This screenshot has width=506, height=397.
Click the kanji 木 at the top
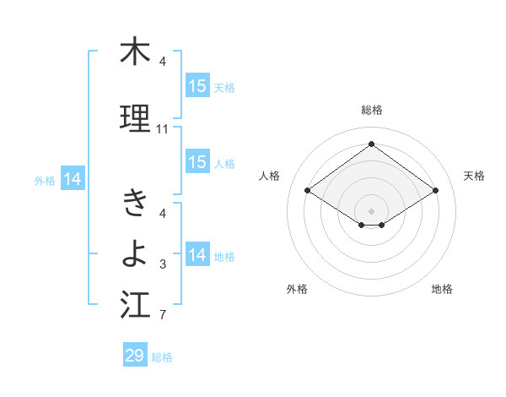point(135,52)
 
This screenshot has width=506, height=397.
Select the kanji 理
point(135,117)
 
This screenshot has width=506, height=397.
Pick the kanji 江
point(135,303)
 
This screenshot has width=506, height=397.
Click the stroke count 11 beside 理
point(163,129)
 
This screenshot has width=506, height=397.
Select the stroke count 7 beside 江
point(163,316)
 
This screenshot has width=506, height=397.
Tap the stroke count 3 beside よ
point(163,264)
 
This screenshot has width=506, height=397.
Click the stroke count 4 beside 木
point(163,62)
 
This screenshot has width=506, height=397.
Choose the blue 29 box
point(135,356)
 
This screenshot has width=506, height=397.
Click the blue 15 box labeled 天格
point(197,86)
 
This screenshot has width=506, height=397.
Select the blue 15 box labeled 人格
point(197,162)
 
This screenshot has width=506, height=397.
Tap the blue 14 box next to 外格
point(73,179)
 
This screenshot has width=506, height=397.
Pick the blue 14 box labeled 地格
point(197,255)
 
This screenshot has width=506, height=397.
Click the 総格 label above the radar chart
point(372,110)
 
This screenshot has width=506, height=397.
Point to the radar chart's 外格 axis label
point(297,289)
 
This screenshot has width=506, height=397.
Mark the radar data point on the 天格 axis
point(436,191)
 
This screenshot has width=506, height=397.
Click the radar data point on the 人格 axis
point(308,191)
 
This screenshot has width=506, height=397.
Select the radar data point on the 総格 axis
point(372,144)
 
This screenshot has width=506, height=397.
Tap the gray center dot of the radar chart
point(372,209)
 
